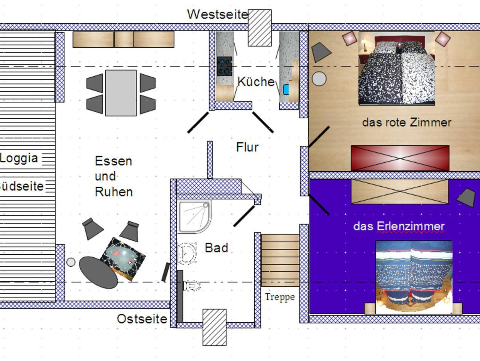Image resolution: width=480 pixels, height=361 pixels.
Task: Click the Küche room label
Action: click(x=256, y=82)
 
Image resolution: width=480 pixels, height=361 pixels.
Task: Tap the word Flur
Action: click(x=247, y=147)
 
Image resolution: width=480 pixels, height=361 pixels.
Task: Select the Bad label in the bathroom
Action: click(x=216, y=248)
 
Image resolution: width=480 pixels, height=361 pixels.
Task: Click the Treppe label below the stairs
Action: click(x=280, y=297)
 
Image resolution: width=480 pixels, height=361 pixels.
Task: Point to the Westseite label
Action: click(x=218, y=14)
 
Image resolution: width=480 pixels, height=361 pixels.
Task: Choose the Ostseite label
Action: click(x=142, y=319)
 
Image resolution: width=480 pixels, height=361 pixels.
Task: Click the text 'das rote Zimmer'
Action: click(x=407, y=122)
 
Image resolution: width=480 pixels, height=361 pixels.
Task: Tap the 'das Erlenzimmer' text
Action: click(x=399, y=226)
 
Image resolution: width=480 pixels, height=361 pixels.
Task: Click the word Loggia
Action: click(x=19, y=159)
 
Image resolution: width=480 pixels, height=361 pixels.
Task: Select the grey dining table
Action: click(x=121, y=93)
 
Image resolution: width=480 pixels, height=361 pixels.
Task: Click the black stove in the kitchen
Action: click(x=225, y=66)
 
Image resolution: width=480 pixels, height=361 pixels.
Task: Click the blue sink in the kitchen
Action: click(x=286, y=90)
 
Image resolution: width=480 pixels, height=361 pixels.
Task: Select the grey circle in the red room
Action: click(x=319, y=79)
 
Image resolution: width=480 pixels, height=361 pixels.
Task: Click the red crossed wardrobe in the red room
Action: click(x=400, y=158)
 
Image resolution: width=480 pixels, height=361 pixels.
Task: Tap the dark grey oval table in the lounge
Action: click(x=98, y=272)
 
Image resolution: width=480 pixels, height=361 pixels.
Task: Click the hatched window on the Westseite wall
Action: click(x=260, y=28)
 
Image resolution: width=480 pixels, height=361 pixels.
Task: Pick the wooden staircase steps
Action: click(x=280, y=260)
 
